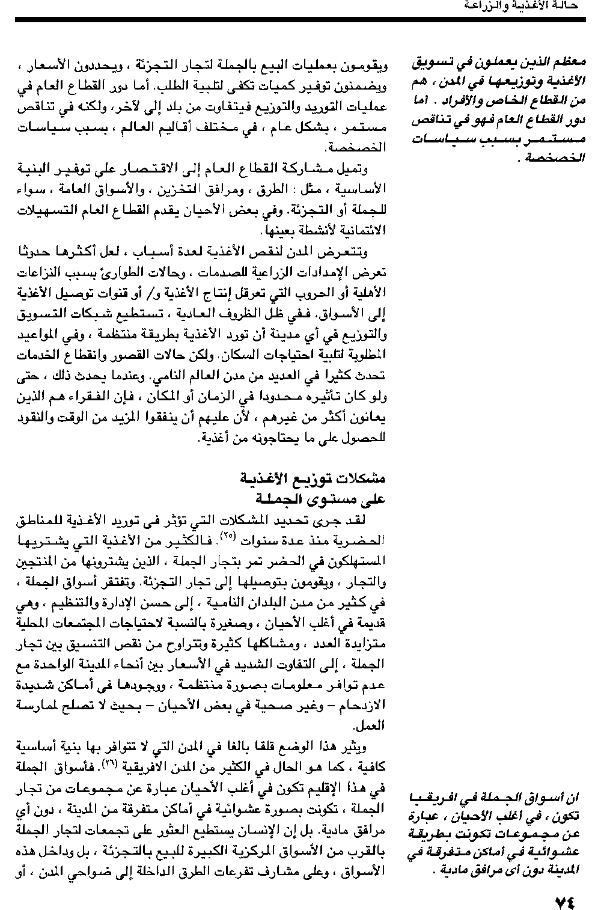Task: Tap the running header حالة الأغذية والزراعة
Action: (523, 6)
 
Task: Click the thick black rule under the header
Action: (300, 20)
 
